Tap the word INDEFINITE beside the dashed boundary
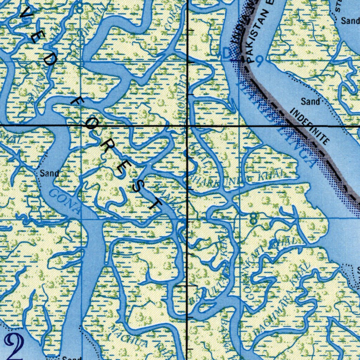pos(310,127)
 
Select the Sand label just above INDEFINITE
pos(310,102)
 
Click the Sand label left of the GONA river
pos(49,173)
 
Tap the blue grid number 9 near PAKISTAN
pos(259,62)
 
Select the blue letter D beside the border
pos(227,53)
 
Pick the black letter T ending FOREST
pos(155,203)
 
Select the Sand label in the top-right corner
pos(350,21)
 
